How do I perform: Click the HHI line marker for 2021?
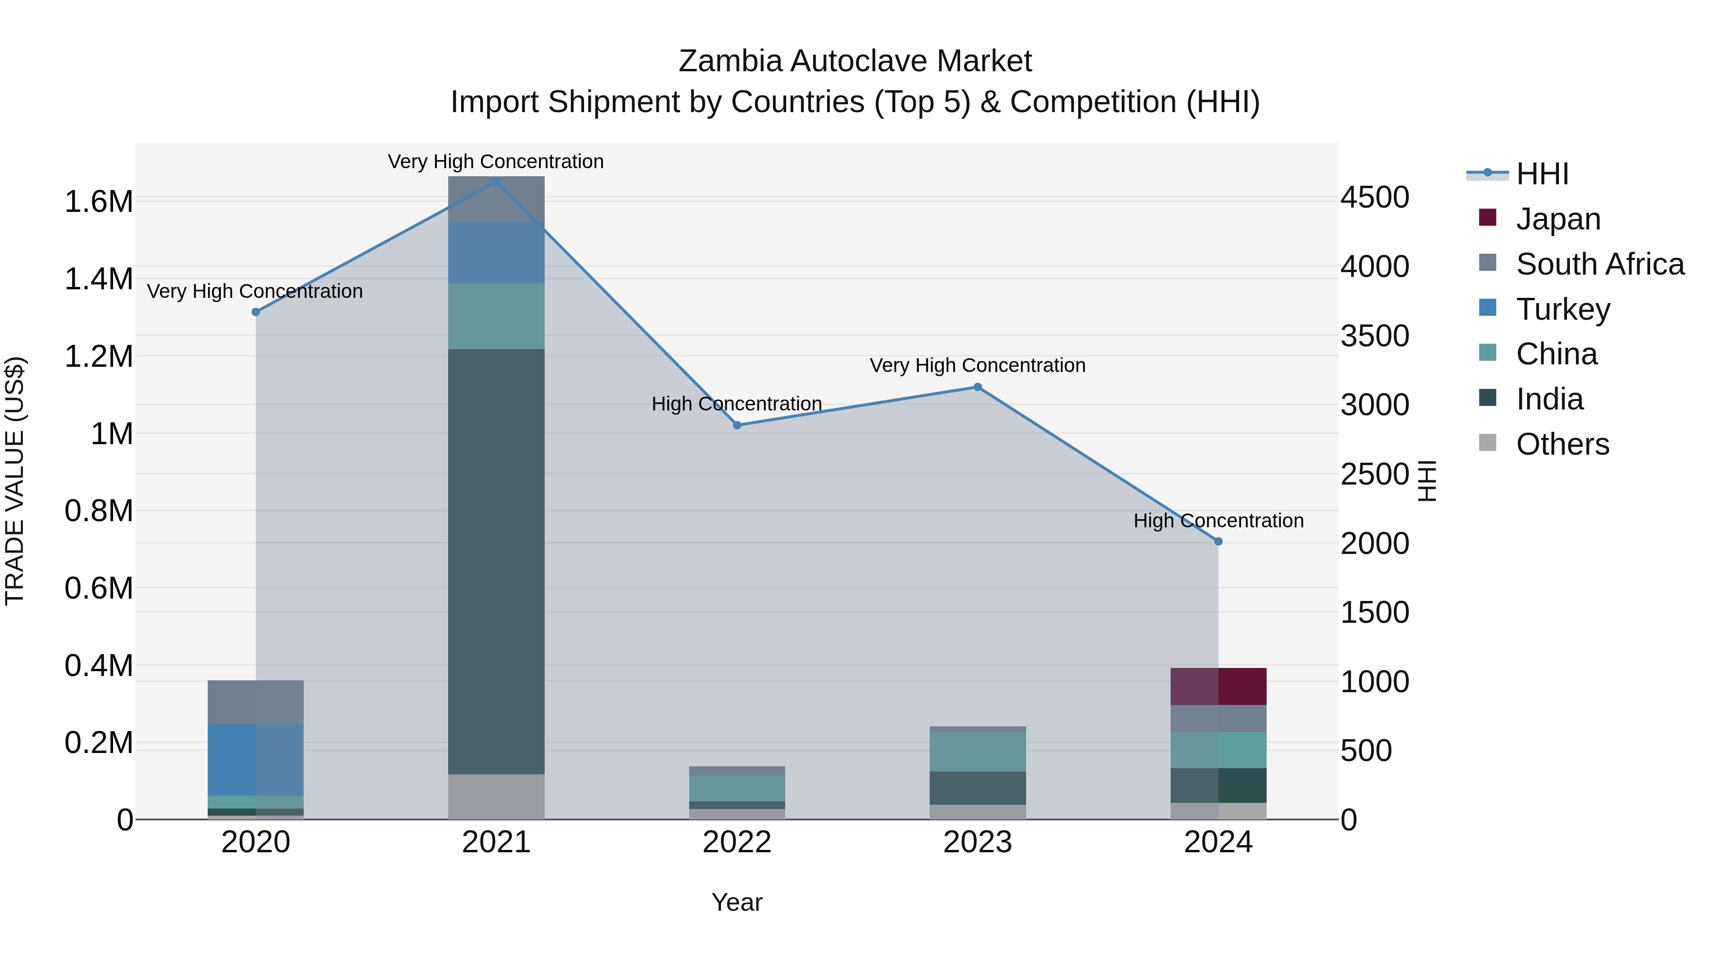[496, 181]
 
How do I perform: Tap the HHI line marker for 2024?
[1218, 542]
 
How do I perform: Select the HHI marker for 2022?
[737, 425]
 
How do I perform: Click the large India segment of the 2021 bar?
[496, 561]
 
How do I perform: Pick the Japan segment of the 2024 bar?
[1218, 686]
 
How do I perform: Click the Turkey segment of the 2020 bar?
[255, 760]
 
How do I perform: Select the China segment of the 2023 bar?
[977, 752]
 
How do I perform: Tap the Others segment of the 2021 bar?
[496, 796]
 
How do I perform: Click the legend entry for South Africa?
[1599, 264]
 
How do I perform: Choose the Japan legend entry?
[1557, 219]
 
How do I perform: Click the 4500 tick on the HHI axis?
[1374, 198]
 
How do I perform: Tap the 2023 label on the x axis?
[977, 842]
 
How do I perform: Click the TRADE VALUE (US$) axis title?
[15, 481]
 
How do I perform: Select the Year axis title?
[737, 902]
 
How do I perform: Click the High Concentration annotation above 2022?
[737, 404]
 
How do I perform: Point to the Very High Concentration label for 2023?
[977, 365]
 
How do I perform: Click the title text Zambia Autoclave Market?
[855, 61]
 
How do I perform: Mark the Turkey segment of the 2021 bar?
[496, 252]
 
